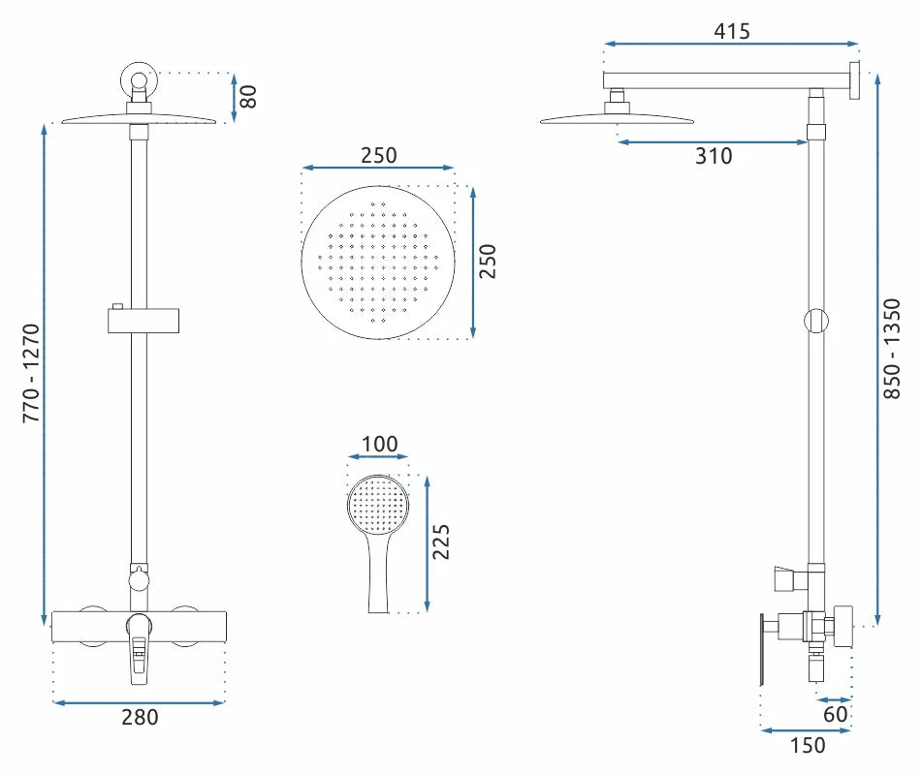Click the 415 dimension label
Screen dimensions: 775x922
[731, 31]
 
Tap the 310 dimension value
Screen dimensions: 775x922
[714, 155]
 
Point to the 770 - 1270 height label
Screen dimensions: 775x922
[31, 373]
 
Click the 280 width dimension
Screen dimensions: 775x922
[140, 718]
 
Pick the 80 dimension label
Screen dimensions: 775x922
[248, 97]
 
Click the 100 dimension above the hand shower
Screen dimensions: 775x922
[378, 445]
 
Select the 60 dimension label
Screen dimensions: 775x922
[836, 714]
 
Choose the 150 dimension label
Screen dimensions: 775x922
[808, 745]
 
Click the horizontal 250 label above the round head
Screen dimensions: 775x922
[378, 155]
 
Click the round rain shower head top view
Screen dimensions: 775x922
[378, 263]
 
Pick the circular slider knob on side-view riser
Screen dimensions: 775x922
[817, 320]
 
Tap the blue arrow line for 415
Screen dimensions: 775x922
[731, 44]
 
